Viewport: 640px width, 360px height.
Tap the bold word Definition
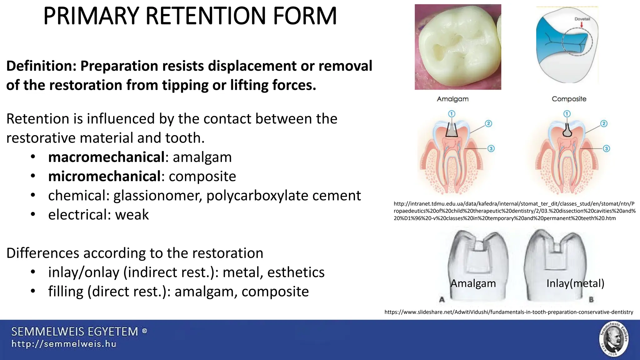click(41, 66)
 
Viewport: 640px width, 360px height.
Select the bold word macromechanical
click(106, 157)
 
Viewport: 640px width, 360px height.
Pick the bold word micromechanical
click(104, 177)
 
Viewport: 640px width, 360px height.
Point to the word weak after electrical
click(132, 215)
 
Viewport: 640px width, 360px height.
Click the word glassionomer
click(157, 196)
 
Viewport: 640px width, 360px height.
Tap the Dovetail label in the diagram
click(582, 19)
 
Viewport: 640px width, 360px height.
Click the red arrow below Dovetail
click(582, 25)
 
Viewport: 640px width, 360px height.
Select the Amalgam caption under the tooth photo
click(452, 99)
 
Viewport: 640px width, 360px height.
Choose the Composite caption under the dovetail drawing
click(569, 99)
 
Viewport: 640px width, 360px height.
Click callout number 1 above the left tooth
click(452, 114)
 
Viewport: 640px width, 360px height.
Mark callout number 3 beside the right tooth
click(606, 148)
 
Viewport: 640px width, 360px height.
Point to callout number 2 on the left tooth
click(488, 123)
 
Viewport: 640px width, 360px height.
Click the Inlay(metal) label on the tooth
click(575, 283)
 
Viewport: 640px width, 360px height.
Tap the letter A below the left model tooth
click(442, 300)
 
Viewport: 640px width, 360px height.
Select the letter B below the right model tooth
click(591, 300)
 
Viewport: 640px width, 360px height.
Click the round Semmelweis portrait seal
click(614, 339)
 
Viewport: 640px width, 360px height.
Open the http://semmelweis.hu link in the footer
click(64, 344)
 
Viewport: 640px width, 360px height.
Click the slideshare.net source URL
click(509, 312)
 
